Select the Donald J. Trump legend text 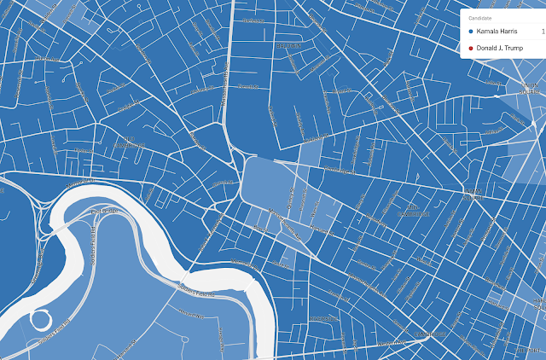coord(500,48)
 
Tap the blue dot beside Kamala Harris coord(471,32)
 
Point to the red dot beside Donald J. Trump coord(471,48)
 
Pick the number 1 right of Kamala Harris coord(543,32)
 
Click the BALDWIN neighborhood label coord(291,44)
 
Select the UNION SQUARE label coord(531,87)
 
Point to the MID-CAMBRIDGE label coord(412,211)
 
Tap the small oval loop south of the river coord(41,322)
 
